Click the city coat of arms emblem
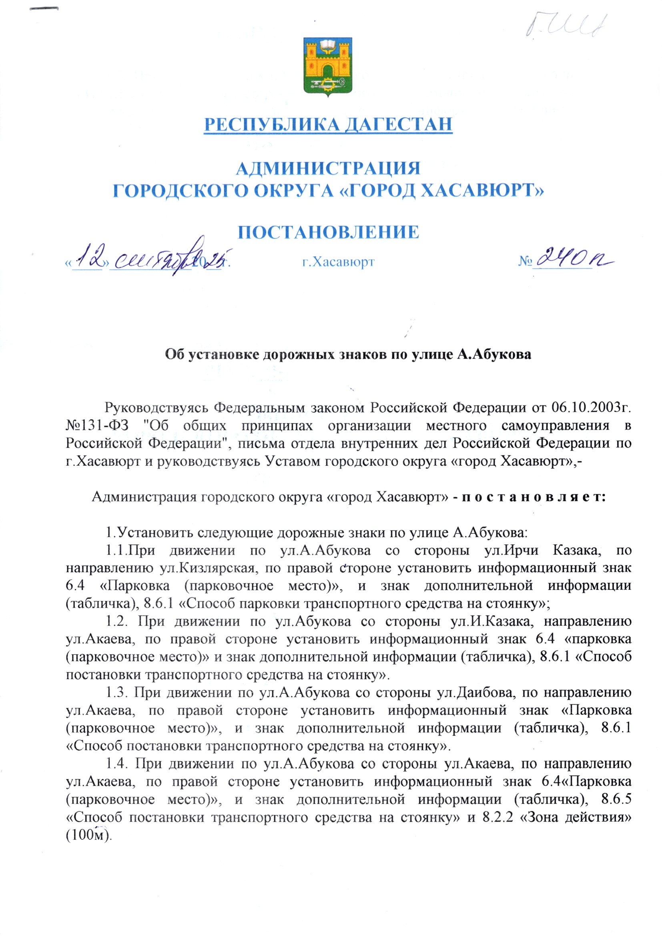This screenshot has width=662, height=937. (328, 67)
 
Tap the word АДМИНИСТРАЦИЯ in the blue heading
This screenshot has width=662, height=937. (328, 169)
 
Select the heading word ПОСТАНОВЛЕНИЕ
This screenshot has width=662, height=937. (328, 232)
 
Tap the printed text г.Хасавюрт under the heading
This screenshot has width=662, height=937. (338, 262)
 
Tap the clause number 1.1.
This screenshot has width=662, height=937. (115, 551)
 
